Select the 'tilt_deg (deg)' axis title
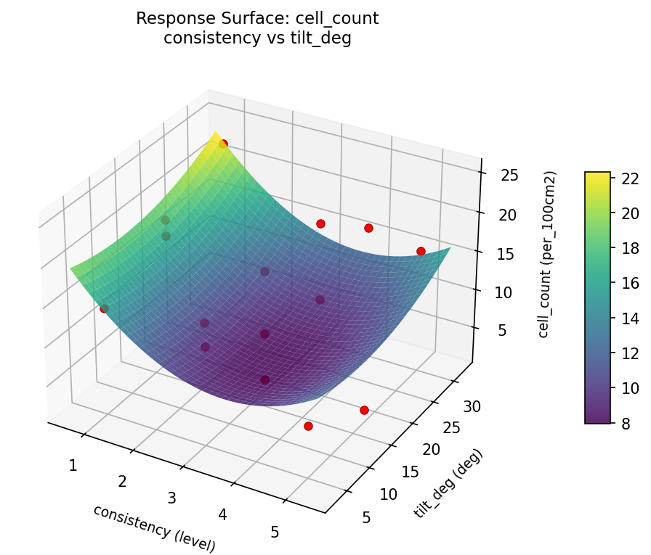tap(448, 483)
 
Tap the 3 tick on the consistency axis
tap(172, 498)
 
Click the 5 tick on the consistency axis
tap(275, 532)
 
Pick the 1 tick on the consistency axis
tap(73, 465)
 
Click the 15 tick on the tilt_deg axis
tap(411, 472)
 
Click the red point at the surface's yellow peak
tap(224, 144)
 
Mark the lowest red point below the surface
tap(308, 426)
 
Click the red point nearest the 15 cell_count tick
tap(421, 251)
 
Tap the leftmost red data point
tap(104, 308)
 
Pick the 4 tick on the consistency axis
tap(222, 514)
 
